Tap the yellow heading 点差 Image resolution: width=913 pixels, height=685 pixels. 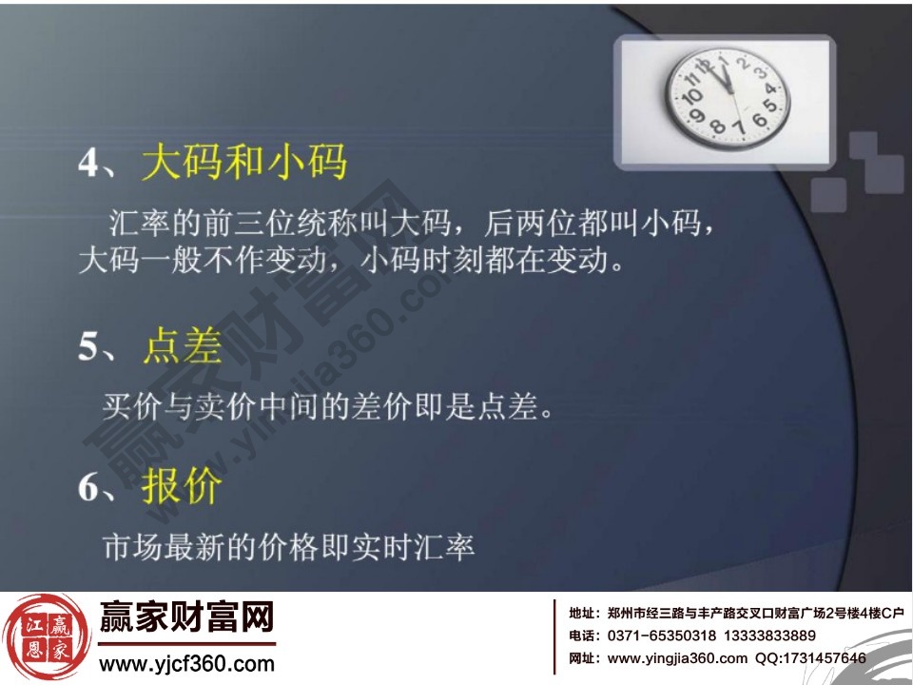tap(183, 348)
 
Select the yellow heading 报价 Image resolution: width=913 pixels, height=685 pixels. tap(183, 486)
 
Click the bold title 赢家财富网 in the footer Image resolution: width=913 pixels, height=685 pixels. tap(186, 619)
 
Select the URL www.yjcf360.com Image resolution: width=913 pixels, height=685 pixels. tap(186, 664)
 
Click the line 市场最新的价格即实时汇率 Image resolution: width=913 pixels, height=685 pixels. tap(288, 547)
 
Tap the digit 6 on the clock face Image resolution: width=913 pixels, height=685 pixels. tap(758, 120)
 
